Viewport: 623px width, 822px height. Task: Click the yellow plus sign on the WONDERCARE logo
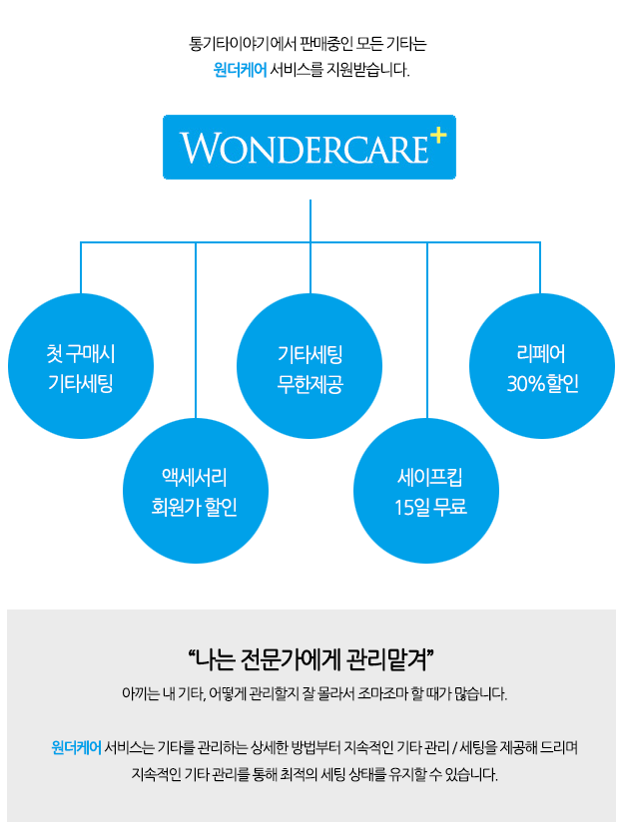click(437, 136)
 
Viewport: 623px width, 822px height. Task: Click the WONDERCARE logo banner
click(310, 148)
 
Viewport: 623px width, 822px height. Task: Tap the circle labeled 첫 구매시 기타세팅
click(81, 366)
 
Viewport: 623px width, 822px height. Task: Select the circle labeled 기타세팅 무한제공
click(310, 366)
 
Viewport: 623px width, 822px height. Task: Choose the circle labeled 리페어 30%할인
click(542, 366)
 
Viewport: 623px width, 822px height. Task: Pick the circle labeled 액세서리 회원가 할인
click(196, 491)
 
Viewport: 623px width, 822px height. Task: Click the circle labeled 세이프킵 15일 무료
click(426, 491)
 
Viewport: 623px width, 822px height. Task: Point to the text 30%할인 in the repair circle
click(543, 384)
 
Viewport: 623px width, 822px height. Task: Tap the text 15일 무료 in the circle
click(430, 507)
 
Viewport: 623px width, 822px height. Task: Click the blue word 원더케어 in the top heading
click(240, 70)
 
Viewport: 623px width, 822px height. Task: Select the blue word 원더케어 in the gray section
click(76, 747)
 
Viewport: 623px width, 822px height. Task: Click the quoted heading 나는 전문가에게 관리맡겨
click(311, 659)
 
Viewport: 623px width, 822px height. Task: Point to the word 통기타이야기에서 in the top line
click(243, 43)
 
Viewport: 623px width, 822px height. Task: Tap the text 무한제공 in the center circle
click(311, 384)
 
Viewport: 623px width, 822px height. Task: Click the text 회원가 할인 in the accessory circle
click(195, 507)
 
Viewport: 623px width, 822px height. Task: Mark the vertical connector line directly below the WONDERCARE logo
click(311, 220)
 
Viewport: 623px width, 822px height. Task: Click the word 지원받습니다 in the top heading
click(366, 70)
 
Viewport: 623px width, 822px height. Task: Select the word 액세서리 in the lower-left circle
click(195, 477)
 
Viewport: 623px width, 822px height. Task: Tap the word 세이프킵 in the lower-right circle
click(430, 477)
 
